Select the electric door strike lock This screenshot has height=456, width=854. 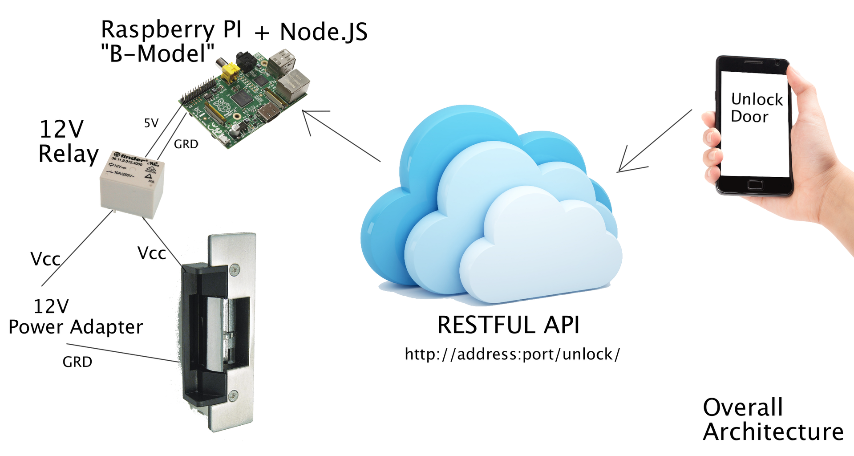(x=218, y=332)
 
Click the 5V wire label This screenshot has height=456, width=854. (x=151, y=123)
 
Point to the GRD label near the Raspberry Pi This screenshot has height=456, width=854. (x=186, y=144)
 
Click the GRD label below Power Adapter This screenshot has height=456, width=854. (x=77, y=362)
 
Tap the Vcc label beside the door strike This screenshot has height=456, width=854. (x=152, y=253)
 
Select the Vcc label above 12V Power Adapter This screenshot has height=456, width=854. (x=45, y=259)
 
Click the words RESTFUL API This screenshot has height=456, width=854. (x=508, y=325)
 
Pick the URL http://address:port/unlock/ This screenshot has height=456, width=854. (x=512, y=354)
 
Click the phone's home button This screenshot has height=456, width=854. (x=755, y=185)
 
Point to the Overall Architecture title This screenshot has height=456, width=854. (x=773, y=419)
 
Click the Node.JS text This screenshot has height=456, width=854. (x=324, y=32)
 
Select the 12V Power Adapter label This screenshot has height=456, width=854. (x=76, y=317)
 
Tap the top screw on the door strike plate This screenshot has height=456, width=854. (x=234, y=269)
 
